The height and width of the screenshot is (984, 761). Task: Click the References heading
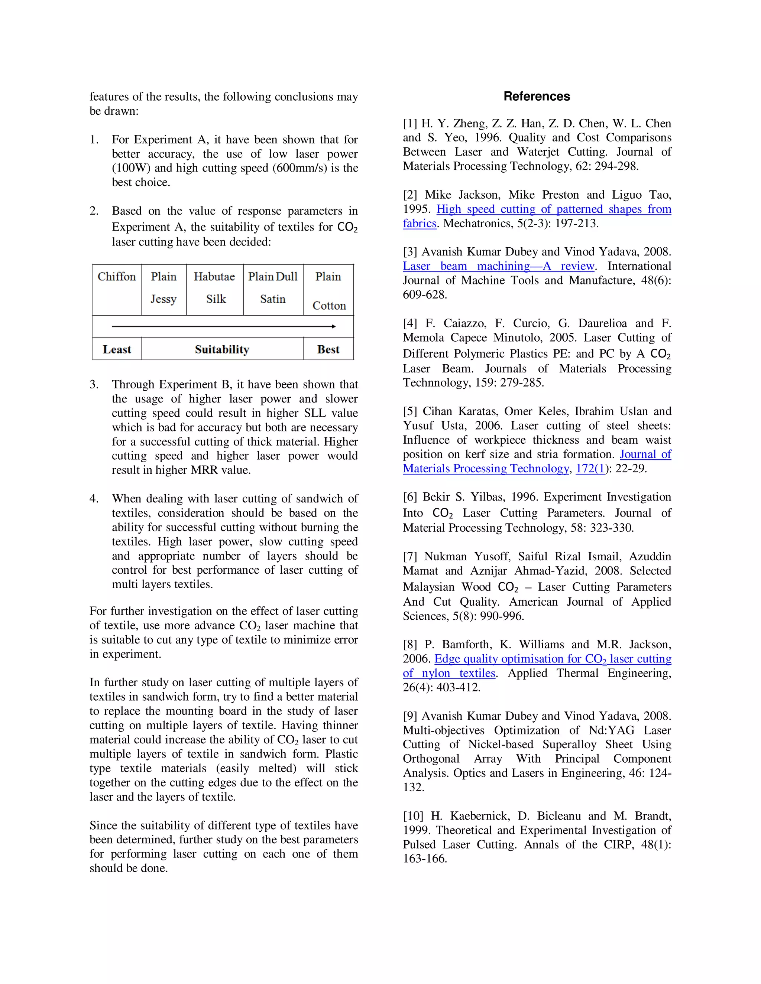pos(537,97)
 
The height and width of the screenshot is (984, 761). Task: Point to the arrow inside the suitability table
pos(224,326)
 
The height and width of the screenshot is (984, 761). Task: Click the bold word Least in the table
pos(117,349)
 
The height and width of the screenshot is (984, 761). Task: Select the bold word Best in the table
pos(328,349)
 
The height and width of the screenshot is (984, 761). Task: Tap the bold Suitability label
pos(222,349)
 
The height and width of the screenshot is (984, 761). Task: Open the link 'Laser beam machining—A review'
pos(499,266)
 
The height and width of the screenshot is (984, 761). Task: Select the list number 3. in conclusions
pos(94,384)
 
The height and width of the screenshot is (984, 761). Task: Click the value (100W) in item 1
pos(131,168)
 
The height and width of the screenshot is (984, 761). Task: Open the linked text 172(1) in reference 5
pos(590,469)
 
